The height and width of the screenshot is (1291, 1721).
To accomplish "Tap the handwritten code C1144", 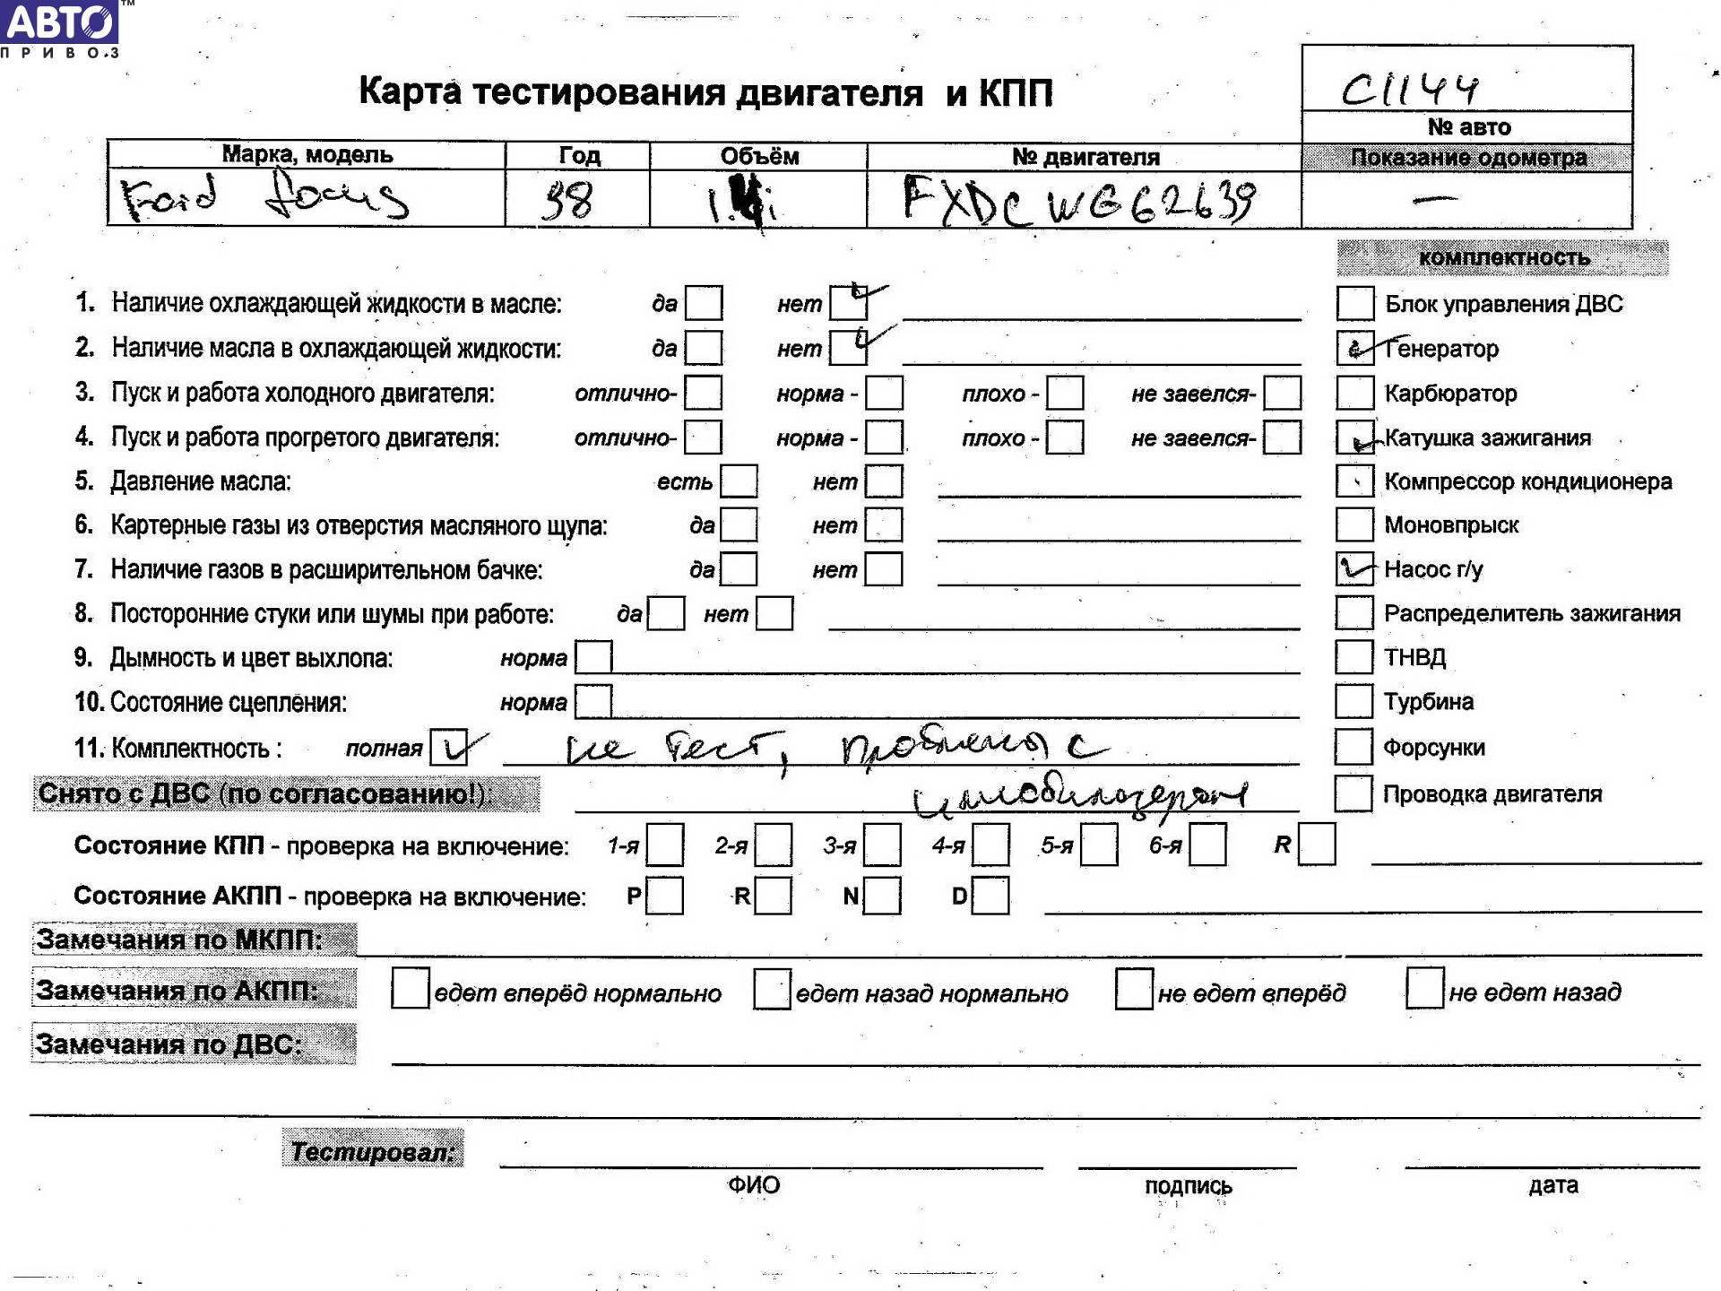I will [1409, 89].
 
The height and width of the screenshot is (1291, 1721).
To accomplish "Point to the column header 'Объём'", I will [758, 156].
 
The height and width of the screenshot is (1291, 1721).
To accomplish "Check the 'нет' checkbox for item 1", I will [848, 303].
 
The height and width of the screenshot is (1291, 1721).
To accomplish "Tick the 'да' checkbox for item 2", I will [704, 348].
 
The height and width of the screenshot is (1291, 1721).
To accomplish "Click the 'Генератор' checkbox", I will [1354, 348].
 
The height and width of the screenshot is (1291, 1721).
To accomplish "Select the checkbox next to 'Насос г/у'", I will [1354, 568].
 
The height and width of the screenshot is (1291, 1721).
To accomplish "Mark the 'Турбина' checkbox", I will [1353, 701].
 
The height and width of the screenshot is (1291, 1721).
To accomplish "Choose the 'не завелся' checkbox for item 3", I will [1283, 393].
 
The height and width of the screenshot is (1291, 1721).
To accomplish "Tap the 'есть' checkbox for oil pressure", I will [739, 481].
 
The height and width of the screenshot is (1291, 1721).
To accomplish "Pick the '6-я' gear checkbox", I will [1207, 845].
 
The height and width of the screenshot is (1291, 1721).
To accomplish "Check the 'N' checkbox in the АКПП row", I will [883, 896].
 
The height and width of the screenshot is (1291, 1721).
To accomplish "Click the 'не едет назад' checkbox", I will [1424, 989].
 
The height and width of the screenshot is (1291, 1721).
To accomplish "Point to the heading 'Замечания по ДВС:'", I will [169, 1044].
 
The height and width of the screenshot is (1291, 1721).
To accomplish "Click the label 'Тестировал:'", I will [373, 1151].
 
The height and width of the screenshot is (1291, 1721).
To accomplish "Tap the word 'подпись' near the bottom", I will [1188, 1186].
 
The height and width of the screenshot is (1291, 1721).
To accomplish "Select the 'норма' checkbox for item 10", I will [593, 702].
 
